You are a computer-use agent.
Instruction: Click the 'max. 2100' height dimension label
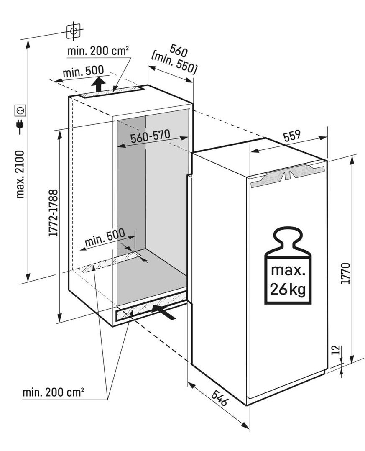[x=21, y=174]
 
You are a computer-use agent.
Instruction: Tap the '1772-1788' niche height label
[x=54, y=213]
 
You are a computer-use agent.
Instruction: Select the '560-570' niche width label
[x=151, y=137]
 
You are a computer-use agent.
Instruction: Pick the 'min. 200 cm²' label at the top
[x=98, y=51]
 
